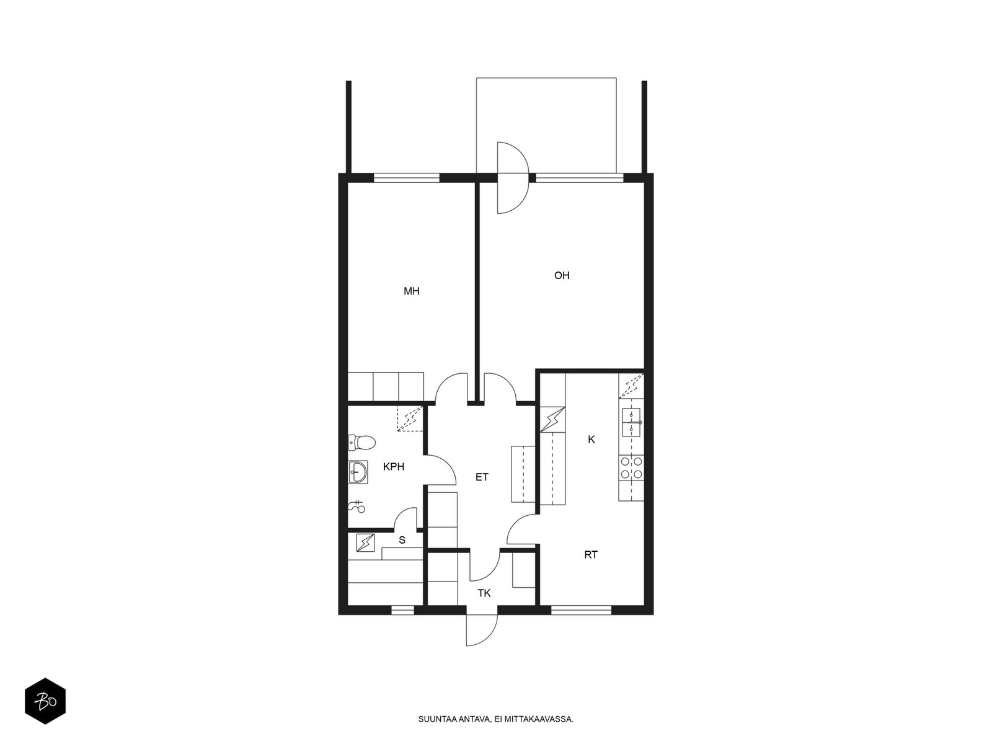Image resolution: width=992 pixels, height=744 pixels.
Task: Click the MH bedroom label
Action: click(x=411, y=291)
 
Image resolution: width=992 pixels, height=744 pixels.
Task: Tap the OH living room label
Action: click(x=562, y=275)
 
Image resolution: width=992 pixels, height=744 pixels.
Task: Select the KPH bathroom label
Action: click(x=394, y=467)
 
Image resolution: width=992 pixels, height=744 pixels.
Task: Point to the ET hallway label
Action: click(x=482, y=477)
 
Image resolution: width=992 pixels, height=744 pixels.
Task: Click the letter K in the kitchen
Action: click(x=591, y=439)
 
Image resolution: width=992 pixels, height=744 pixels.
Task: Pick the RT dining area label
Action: click(x=591, y=555)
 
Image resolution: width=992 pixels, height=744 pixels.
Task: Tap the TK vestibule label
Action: click(x=484, y=593)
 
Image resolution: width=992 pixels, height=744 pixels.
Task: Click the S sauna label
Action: click(x=402, y=540)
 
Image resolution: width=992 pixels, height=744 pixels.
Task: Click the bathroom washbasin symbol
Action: click(x=358, y=472)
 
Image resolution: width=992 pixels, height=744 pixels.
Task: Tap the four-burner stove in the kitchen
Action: click(x=631, y=468)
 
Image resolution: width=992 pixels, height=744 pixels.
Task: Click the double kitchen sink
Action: click(x=631, y=422)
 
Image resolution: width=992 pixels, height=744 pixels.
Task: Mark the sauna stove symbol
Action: click(x=365, y=543)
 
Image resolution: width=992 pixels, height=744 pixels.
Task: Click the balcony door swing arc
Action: click(x=513, y=177)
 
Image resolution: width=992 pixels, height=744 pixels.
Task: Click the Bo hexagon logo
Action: click(x=45, y=701)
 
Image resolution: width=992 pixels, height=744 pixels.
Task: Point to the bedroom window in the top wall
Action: click(x=407, y=178)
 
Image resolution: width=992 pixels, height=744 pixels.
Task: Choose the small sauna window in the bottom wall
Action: click(x=402, y=611)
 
